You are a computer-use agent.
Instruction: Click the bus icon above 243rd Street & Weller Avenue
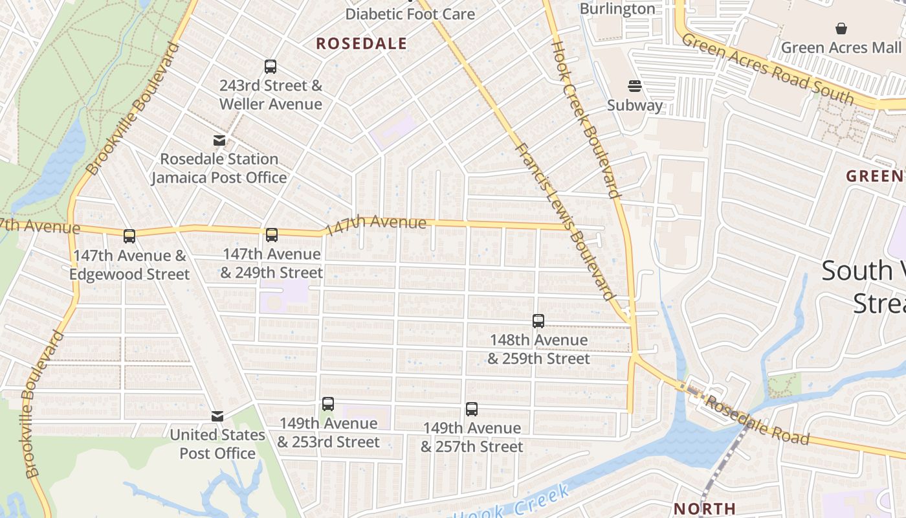tap(271, 66)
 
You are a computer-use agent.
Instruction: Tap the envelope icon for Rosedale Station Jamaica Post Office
tap(219, 141)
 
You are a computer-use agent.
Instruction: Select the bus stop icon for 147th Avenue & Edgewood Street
tap(129, 236)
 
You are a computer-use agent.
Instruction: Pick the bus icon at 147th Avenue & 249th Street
tap(272, 235)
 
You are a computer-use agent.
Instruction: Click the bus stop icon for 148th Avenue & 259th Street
tap(538, 321)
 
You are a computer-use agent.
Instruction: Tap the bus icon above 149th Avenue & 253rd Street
tap(328, 404)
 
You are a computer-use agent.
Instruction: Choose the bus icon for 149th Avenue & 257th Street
tap(472, 409)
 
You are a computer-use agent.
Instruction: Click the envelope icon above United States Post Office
tap(217, 416)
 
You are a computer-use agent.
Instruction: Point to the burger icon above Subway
tap(635, 86)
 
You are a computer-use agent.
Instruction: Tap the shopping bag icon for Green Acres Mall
tap(841, 28)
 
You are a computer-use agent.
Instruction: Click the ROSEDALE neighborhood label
tap(362, 44)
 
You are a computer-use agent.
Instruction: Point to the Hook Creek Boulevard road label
tap(586, 119)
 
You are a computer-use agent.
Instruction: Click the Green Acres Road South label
tap(768, 69)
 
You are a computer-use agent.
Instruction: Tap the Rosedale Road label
tap(757, 420)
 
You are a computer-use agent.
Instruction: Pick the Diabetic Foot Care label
tap(410, 14)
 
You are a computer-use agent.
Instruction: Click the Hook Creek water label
tap(511, 506)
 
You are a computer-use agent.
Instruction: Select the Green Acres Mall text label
tap(841, 47)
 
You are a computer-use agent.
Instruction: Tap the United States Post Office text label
tap(217, 444)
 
